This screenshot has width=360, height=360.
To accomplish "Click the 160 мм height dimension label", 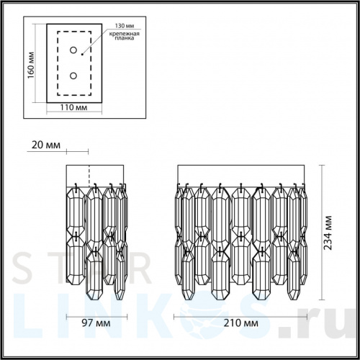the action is coord(31,65).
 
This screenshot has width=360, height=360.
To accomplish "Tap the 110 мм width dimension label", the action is coord(73,107).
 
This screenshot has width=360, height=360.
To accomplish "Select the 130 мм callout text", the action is coord(125,26).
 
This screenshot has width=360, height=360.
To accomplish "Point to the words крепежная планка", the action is coord(125,36).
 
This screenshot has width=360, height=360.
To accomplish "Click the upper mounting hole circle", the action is coord(73,50).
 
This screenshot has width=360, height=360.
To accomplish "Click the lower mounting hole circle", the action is coord(73,76).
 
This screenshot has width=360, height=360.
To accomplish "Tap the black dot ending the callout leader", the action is coord(82,55).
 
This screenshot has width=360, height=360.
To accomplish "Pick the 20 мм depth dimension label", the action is coord(46,145).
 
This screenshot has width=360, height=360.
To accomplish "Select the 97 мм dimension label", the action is coord(96,323).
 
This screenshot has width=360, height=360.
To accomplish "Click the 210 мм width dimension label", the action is coord(241,323).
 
